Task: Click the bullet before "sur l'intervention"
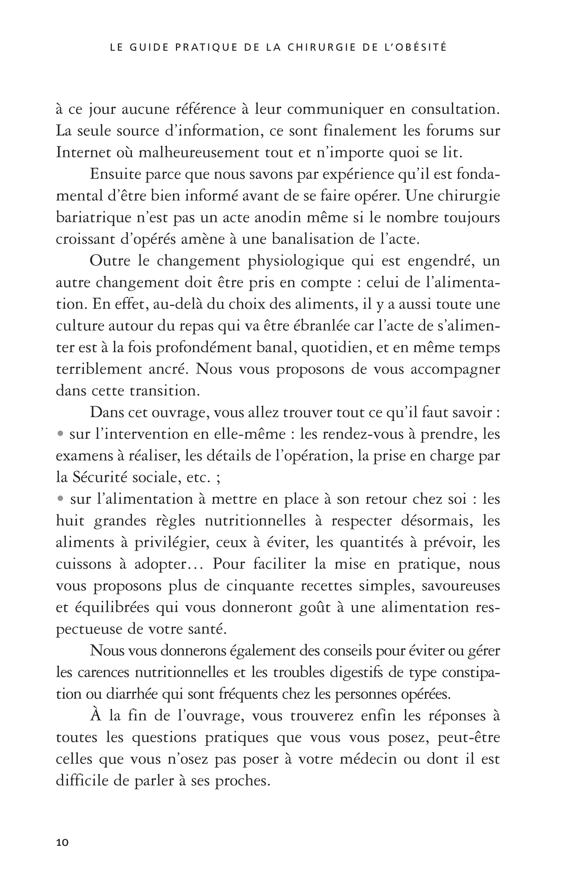click(x=59, y=434)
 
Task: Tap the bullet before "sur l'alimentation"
click(x=59, y=499)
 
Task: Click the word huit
click(x=70, y=521)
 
